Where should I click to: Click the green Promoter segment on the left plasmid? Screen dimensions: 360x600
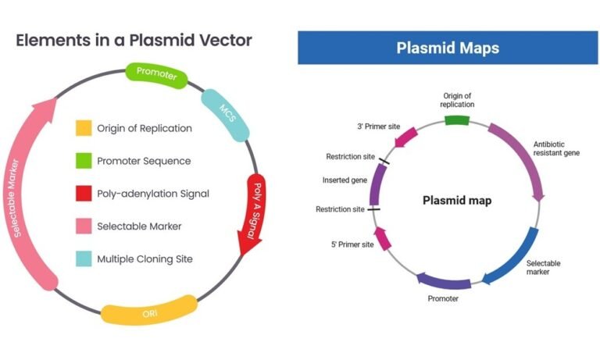(156, 76)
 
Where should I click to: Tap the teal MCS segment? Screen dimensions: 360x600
(224, 111)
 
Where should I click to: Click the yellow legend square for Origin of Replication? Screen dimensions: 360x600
(84, 128)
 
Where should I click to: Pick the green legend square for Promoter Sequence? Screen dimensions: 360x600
(84, 161)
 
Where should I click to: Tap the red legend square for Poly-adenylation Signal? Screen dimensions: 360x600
(84, 194)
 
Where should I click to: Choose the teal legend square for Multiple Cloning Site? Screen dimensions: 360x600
(84, 258)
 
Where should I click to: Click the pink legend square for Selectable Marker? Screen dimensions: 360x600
(84, 226)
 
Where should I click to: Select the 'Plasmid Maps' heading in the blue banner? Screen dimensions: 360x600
(448, 48)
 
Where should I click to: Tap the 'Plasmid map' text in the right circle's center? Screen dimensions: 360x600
(457, 201)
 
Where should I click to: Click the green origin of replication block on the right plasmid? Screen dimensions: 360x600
(456, 120)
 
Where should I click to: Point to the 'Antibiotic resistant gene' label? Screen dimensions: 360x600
(556, 148)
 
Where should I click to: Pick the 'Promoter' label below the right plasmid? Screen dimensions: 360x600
(443, 298)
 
